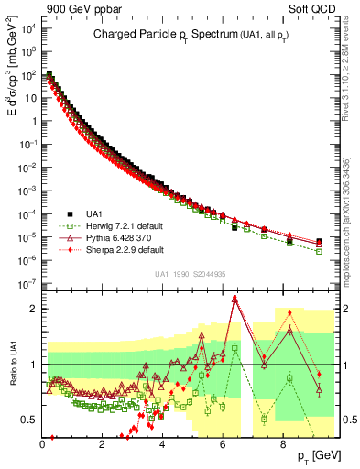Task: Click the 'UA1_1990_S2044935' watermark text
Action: (x=191, y=274)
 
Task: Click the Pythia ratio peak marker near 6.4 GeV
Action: (x=235, y=298)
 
